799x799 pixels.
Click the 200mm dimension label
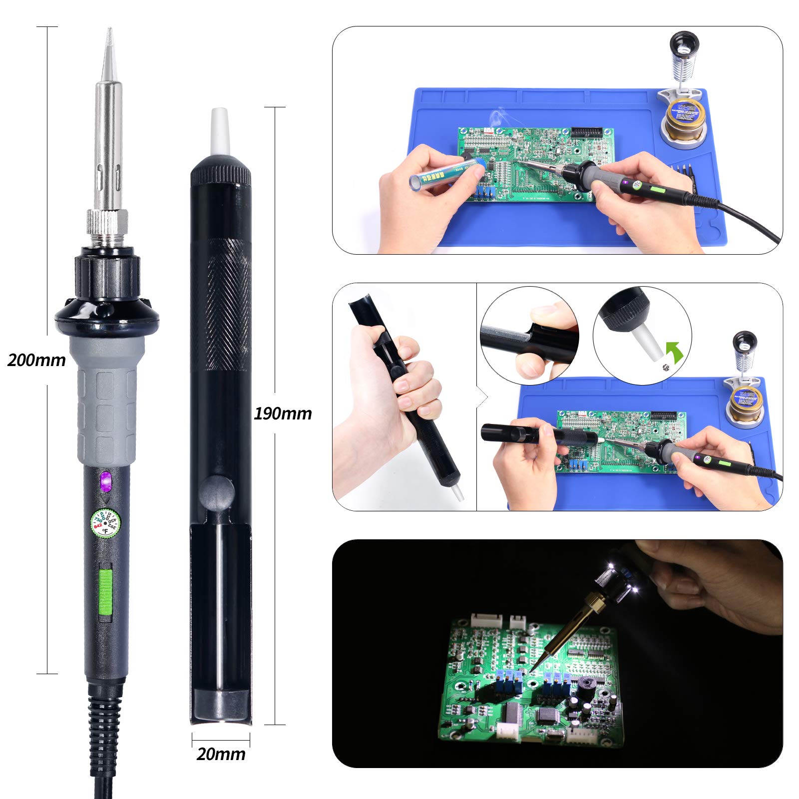pos(36,360)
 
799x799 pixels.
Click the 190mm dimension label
pos(283,413)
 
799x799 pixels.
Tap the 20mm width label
pos(221,754)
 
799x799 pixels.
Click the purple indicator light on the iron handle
pos(106,481)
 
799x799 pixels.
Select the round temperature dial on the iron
pos(105,523)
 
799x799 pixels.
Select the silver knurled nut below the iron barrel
pos(107,221)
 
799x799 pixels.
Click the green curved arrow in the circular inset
pos(675,353)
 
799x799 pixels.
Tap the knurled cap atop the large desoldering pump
pos(221,172)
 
